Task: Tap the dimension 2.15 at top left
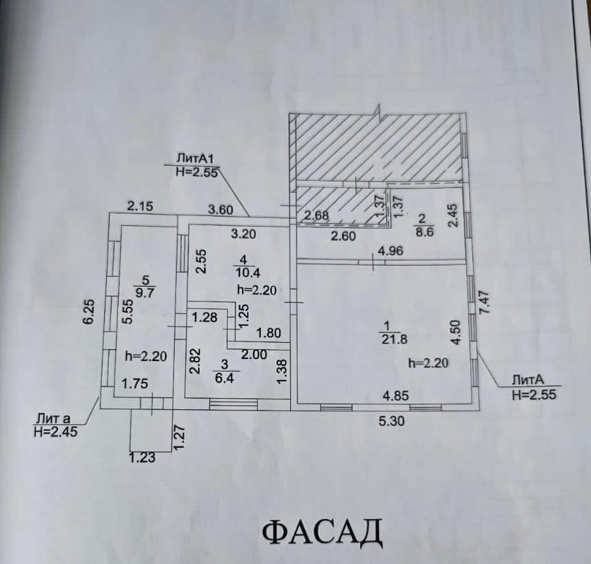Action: click(x=140, y=206)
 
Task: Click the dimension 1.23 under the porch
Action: click(x=143, y=458)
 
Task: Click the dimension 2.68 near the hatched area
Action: click(x=317, y=215)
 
